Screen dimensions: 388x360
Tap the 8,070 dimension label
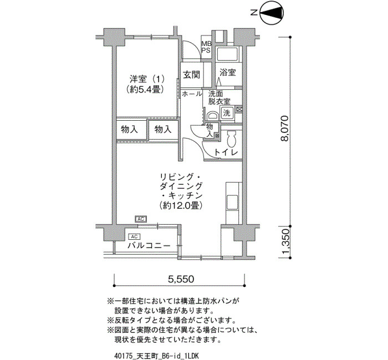284,128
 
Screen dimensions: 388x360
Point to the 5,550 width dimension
181,279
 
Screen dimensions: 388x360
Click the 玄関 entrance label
191,74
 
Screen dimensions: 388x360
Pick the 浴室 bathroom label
227,73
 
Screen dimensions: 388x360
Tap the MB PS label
206,47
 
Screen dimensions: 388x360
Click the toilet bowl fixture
232,139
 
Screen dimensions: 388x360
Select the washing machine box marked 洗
227,114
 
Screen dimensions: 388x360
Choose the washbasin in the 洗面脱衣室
212,116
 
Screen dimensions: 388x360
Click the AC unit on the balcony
134,236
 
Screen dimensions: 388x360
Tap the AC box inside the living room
141,219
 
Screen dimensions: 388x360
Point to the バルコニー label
149,246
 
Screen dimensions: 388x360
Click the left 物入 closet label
129,129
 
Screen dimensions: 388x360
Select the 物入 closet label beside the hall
210,130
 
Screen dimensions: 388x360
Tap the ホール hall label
192,94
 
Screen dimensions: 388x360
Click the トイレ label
226,152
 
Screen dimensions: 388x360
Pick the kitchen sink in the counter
232,203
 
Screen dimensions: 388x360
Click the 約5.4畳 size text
145,89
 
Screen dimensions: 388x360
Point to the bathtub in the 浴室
227,54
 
